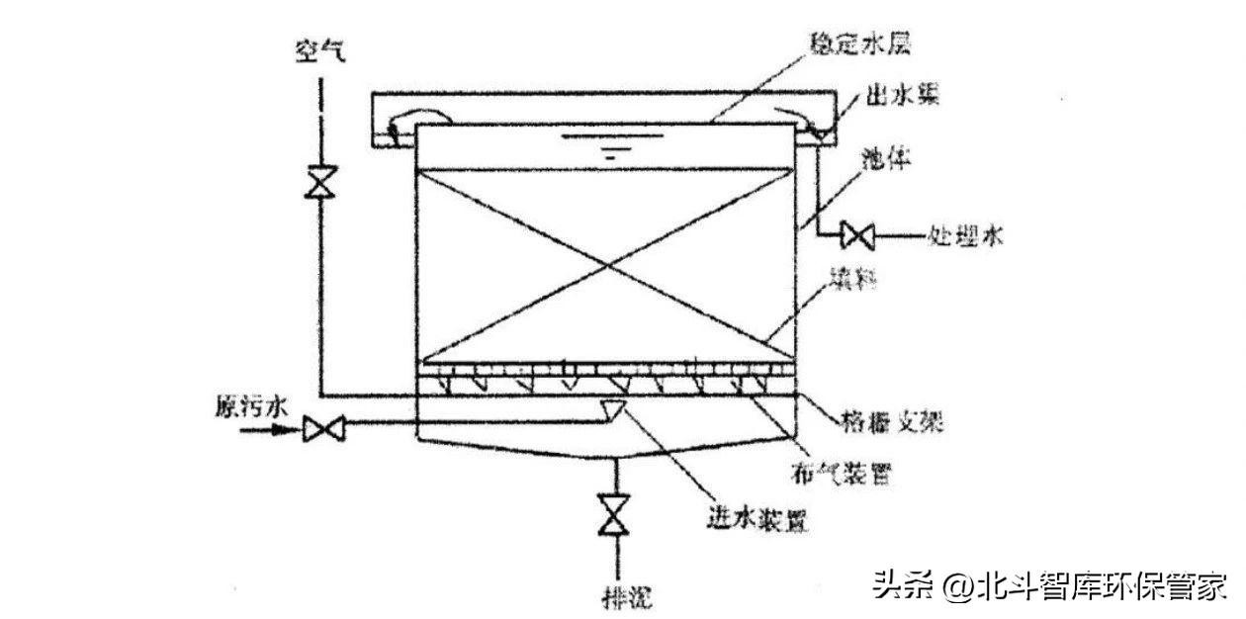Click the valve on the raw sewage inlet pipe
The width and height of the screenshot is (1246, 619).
point(321,429)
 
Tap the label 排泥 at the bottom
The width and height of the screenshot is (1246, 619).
point(628,596)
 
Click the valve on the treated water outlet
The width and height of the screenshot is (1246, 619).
point(855,235)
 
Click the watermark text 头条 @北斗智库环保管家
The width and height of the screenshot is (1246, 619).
point(1049,585)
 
